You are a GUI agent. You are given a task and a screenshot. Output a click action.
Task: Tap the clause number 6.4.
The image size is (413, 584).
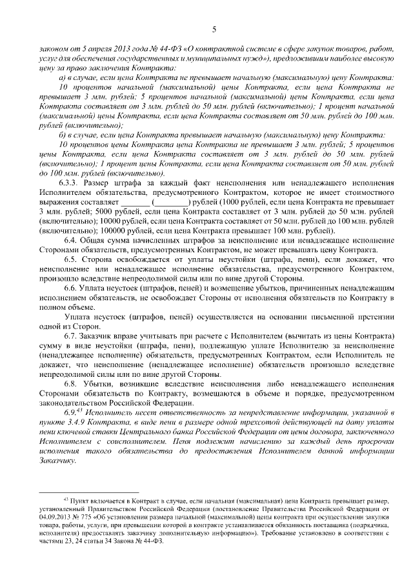(70, 241)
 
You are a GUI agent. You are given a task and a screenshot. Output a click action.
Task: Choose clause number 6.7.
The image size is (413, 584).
(70, 337)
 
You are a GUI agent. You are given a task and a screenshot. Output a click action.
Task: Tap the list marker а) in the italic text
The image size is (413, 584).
(63, 77)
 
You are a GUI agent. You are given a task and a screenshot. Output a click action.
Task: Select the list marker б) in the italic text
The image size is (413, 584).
(63, 135)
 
